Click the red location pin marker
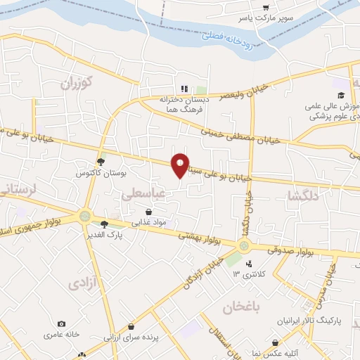click(x=181, y=165)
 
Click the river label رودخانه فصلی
click(x=231, y=35)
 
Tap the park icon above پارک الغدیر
click(x=104, y=224)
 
